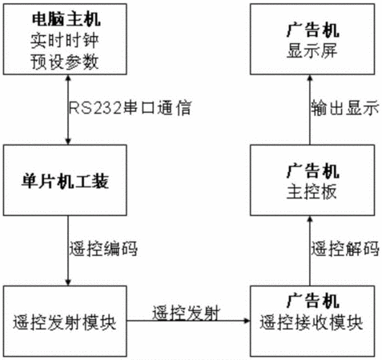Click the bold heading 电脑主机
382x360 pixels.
tap(66, 19)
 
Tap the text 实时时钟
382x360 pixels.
tap(65, 41)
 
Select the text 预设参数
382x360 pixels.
tap(65, 62)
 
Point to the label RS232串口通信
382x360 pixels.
tap(130, 108)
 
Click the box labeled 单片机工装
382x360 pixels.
tap(65, 180)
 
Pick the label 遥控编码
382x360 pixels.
tap(103, 249)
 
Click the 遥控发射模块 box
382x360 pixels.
tap(65, 321)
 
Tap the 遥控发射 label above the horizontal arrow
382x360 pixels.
tap(187, 313)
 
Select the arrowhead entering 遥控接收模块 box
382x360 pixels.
tap(247, 321)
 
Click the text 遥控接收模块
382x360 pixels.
tap(312, 322)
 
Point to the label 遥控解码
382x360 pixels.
tap(345, 249)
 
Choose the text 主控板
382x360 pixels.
tap(312, 192)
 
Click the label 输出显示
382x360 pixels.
tap(345, 108)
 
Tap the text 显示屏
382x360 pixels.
tap(312, 50)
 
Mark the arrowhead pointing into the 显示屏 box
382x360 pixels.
tap(310, 78)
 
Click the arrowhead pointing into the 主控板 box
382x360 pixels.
tap(310, 219)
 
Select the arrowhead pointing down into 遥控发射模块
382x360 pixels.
tap(68, 282)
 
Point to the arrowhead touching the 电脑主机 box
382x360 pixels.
tap(68, 78)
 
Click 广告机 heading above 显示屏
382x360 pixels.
tap(313, 30)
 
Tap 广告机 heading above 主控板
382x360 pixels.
tap(313, 171)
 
